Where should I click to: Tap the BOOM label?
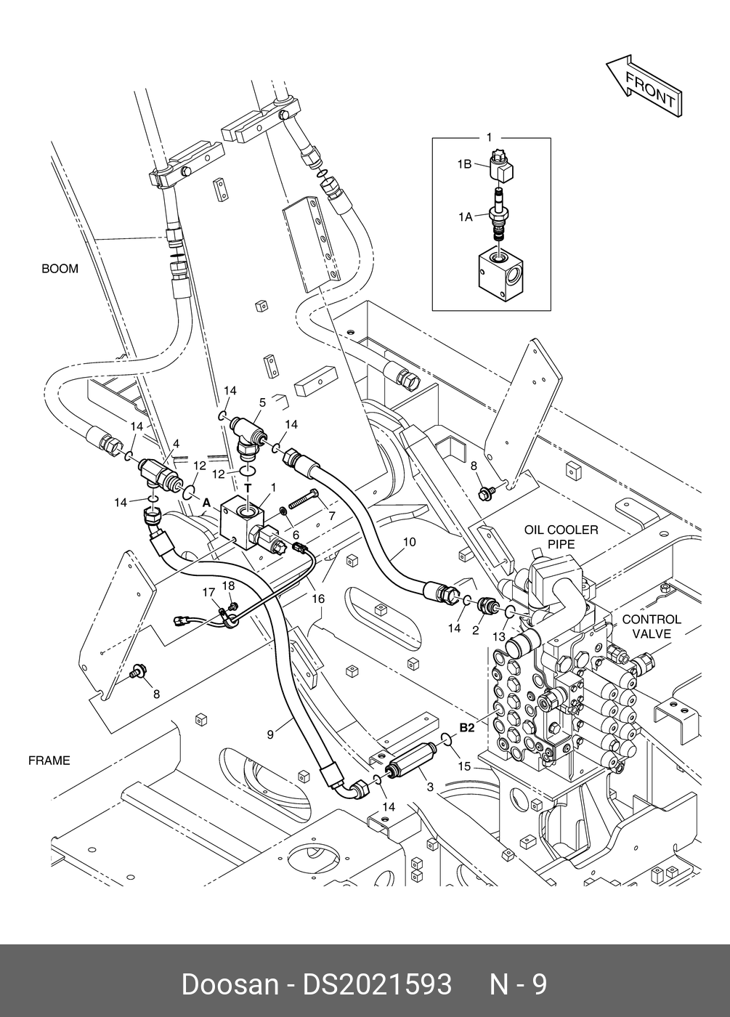point(60,269)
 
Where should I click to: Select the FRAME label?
point(49,761)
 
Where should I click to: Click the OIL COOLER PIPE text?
point(561,537)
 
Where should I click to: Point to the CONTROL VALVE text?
point(652,626)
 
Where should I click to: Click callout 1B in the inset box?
point(465,165)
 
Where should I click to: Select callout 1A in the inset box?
point(465,216)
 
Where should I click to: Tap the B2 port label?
point(466,727)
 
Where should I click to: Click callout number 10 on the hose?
point(409,542)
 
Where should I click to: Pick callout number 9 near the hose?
point(270,734)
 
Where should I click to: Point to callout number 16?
point(317,599)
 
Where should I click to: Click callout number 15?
point(464,766)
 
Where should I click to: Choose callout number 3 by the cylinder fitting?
point(430,786)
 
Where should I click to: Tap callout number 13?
point(499,636)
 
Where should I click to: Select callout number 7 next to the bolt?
point(331,516)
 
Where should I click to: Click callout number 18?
point(228,586)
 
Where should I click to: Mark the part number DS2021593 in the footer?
point(377,985)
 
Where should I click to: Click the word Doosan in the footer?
point(229,985)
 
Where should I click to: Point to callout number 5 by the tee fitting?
point(262,401)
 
